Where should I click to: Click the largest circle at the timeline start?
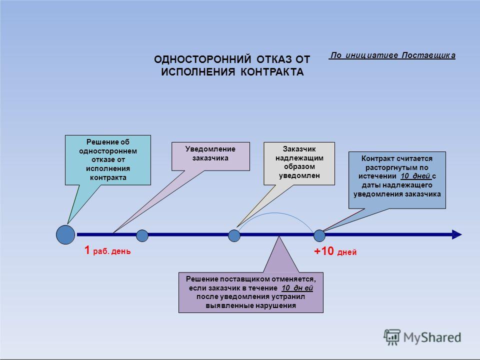65,235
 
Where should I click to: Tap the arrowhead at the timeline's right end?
456,234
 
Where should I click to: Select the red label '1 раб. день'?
107,250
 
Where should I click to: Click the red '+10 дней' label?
335,251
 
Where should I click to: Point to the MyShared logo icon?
392,337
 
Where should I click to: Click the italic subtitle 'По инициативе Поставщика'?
392,55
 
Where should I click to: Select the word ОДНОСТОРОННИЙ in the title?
202,59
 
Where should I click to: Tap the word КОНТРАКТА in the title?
272,72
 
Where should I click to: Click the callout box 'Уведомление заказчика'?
210,156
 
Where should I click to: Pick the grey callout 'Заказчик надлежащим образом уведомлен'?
299,163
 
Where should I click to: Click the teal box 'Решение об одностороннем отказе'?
108,160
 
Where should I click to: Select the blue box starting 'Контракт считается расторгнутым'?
397,180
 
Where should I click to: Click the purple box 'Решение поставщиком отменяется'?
250,292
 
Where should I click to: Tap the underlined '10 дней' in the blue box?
415,176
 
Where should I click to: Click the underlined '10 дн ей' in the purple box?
297,288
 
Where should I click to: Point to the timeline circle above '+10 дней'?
319,235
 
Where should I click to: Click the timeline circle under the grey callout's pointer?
234,235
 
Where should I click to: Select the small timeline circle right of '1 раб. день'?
142,235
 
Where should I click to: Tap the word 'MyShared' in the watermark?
432,337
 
